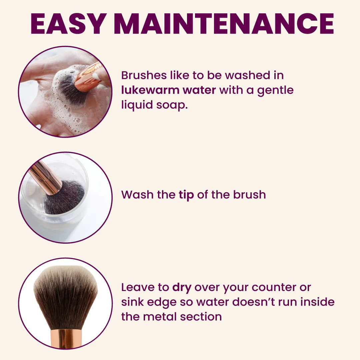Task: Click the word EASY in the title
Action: click(x=69, y=24)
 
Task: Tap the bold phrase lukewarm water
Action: click(x=169, y=90)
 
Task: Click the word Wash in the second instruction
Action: click(x=137, y=195)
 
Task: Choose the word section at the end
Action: click(x=201, y=317)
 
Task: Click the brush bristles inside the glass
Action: click(x=64, y=197)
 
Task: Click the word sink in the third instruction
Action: click(x=132, y=302)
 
